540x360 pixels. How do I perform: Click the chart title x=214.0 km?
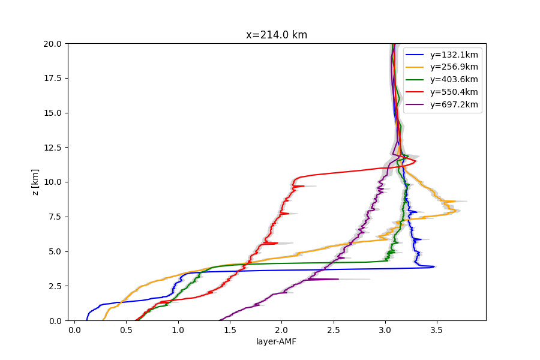tap(277, 35)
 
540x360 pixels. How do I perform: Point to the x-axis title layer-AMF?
tap(277, 342)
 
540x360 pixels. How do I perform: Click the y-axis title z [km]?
tap(35, 182)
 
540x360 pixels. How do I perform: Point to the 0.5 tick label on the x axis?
tap(126, 329)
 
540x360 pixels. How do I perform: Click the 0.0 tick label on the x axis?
tap(74, 329)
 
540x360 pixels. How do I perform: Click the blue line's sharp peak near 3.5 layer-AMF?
tap(435, 266)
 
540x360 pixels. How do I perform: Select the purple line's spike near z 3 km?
tap(338, 279)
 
